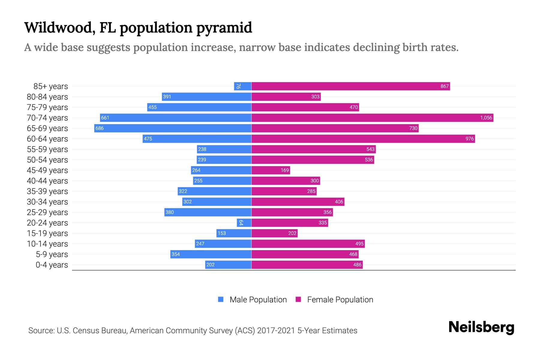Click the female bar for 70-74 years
click(372, 118)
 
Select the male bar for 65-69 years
click(172, 128)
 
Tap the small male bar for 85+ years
click(242, 86)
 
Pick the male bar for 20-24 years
click(244, 223)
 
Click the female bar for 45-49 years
click(271, 170)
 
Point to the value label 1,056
click(486, 118)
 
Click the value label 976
click(469, 139)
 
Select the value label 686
click(99, 128)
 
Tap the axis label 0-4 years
click(52, 265)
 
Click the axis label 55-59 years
click(47, 149)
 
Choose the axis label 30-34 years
click(47, 202)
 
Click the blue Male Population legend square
click(221, 299)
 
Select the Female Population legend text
click(340, 299)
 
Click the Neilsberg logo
click(481, 327)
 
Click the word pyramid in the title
click(224, 28)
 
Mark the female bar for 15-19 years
click(274, 233)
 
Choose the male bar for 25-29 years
click(208, 212)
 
